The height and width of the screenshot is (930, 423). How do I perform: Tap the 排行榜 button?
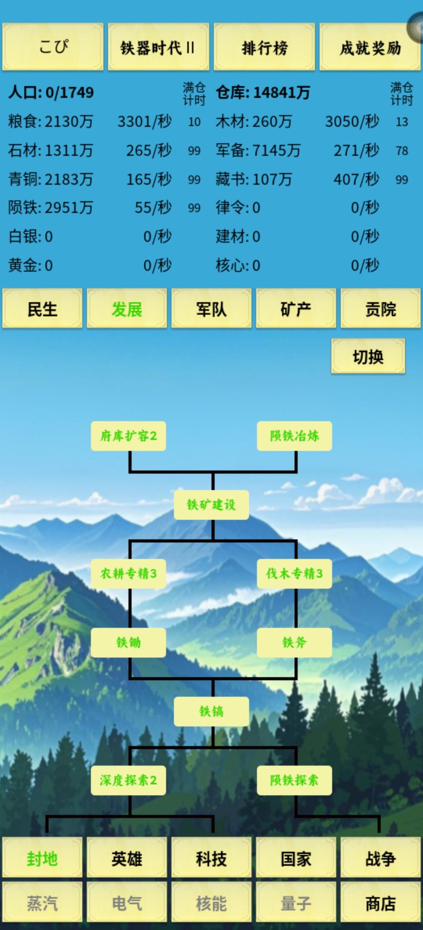coord(264,47)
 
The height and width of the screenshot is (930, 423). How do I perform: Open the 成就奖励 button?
coord(370,47)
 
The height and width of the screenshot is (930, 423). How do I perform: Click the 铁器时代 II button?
coord(159,47)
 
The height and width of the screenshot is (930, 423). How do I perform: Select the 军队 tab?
coord(211,308)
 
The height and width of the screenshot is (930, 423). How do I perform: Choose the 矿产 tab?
coord(296,308)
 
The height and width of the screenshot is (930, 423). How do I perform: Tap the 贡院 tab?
coord(381,308)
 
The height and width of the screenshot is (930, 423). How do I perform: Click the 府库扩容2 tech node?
coord(128,436)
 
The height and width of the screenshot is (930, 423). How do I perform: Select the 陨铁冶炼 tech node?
coord(295,436)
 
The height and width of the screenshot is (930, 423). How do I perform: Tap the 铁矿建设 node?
coord(211,505)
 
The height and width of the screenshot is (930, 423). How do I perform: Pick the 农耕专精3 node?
coord(128,574)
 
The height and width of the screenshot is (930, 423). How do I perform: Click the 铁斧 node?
coord(295,643)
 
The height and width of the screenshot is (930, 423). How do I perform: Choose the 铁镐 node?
coord(211,712)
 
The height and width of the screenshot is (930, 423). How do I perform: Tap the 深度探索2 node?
coord(128,780)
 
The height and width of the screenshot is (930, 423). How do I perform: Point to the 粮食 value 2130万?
coord(69,121)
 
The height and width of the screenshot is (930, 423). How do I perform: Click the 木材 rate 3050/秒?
coord(352,121)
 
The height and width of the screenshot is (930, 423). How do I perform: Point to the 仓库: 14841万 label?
coord(263,92)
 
